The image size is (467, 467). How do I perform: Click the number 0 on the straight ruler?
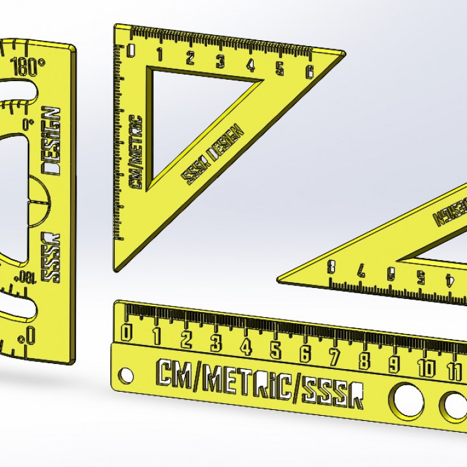tap(126, 332)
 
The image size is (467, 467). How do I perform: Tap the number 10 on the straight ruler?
tap(425, 368)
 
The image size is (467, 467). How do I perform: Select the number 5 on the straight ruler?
tap(275, 350)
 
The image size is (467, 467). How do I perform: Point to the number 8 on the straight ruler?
tap(365, 360)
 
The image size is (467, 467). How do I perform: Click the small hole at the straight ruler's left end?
tap(125, 376)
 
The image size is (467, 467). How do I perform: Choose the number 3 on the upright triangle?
tap(221, 61)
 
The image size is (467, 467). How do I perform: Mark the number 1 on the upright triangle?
tap(160, 54)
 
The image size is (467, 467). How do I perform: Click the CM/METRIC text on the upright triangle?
tap(136, 152)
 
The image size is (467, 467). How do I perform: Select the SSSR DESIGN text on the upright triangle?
tap(213, 153)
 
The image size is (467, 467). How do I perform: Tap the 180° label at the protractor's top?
tap(28, 66)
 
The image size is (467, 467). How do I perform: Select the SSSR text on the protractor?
tap(51, 256)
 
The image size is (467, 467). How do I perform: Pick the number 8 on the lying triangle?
tap(332, 267)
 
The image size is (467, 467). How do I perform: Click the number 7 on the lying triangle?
tap(361, 271)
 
